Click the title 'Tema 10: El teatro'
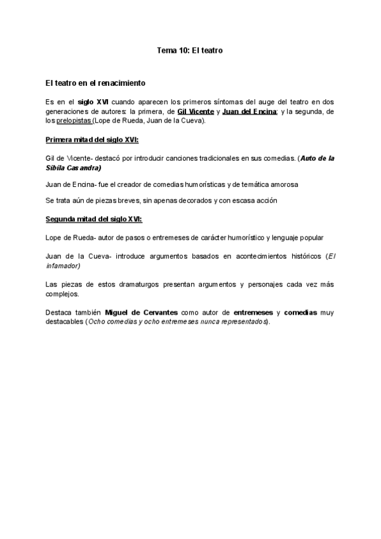coord(190,49)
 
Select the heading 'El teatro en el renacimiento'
coord(96,83)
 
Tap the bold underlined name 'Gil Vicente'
coord(196,111)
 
